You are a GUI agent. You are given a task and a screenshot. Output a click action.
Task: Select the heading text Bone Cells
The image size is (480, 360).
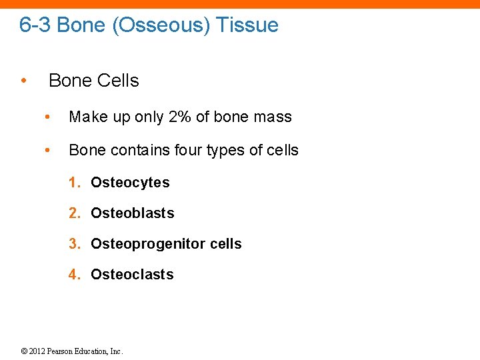click(94, 81)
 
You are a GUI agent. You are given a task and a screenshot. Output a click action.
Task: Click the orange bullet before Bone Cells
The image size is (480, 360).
click(23, 81)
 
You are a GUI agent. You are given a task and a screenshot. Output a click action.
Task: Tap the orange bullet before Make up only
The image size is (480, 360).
click(47, 117)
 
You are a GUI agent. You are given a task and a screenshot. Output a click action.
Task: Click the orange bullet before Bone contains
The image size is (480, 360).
click(47, 150)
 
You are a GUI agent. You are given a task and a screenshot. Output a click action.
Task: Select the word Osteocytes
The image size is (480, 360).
click(130, 183)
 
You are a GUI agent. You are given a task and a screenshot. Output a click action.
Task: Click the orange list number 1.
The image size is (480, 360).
click(75, 183)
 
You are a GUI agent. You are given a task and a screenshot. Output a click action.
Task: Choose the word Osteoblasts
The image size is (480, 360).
click(132, 213)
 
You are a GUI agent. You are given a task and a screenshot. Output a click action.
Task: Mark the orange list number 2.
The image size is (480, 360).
click(75, 213)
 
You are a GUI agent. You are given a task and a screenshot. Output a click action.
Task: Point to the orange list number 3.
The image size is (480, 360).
click(75, 244)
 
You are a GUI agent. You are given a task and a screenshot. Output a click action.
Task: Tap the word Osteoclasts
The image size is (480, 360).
click(132, 275)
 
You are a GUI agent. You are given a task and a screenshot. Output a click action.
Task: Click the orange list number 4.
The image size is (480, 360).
click(75, 275)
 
